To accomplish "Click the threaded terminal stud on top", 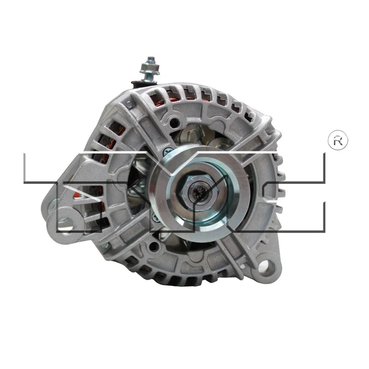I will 148,66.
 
